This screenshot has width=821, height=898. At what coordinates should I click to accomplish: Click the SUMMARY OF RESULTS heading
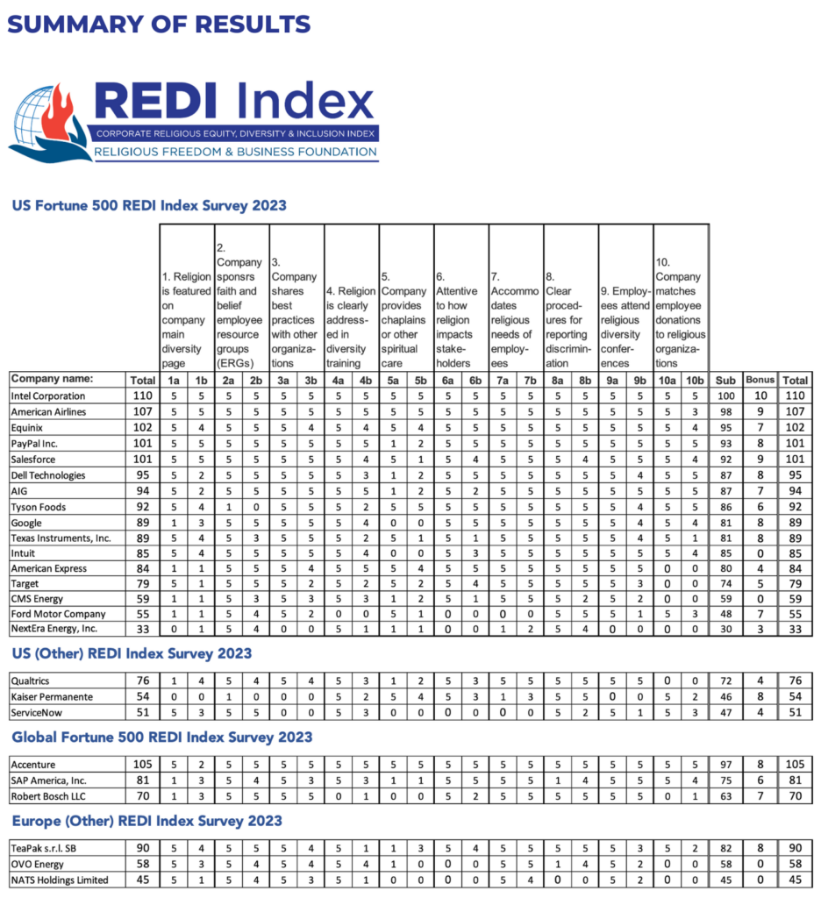click(x=158, y=24)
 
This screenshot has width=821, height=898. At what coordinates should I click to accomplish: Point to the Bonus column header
click(x=760, y=380)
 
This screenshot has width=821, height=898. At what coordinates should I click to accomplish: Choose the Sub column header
click(x=726, y=380)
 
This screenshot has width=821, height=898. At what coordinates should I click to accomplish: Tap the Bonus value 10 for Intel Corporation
click(x=760, y=396)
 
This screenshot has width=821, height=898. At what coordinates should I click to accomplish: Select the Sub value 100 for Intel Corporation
click(x=726, y=396)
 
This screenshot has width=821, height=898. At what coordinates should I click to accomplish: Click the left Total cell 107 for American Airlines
click(x=141, y=412)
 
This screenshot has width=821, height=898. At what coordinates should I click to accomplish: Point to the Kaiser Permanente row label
click(x=53, y=695)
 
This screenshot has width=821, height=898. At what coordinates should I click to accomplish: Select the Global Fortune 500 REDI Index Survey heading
click(x=161, y=737)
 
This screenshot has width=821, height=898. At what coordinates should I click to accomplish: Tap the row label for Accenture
click(x=33, y=764)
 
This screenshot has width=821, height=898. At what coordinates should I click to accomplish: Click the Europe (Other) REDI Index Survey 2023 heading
click(x=146, y=821)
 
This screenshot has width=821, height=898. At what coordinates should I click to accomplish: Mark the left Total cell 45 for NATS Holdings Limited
click(x=141, y=880)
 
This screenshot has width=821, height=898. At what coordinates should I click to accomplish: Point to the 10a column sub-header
click(x=668, y=380)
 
